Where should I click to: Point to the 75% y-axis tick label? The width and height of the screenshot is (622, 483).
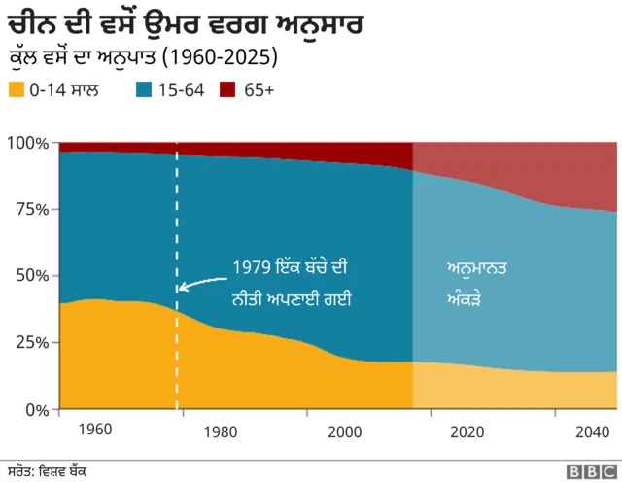(x=31, y=209)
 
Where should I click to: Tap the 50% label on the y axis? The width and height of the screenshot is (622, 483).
(x=31, y=275)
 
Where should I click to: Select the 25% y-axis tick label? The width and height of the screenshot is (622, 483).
(x=31, y=342)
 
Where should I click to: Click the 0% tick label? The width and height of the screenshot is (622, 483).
(x=36, y=409)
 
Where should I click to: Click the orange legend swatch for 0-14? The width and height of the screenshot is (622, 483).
(x=17, y=90)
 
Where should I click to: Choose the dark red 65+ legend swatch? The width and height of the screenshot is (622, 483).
(x=227, y=90)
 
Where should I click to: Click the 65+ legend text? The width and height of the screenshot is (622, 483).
(x=258, y=90)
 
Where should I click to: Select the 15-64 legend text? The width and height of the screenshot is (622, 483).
(x=180, y=90)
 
